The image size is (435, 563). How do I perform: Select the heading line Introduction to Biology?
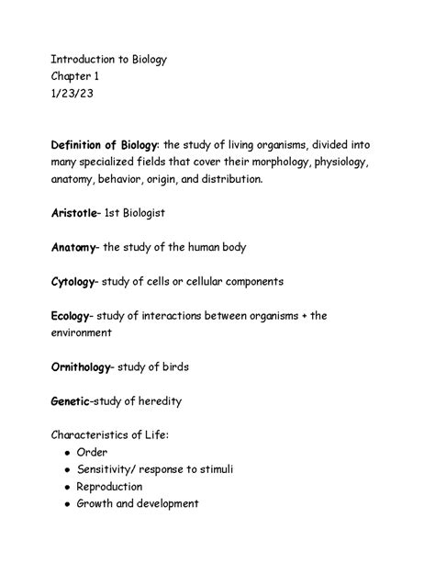[109, 60]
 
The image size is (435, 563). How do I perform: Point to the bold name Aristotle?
[75, 212]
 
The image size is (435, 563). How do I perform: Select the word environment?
[87, 333]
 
